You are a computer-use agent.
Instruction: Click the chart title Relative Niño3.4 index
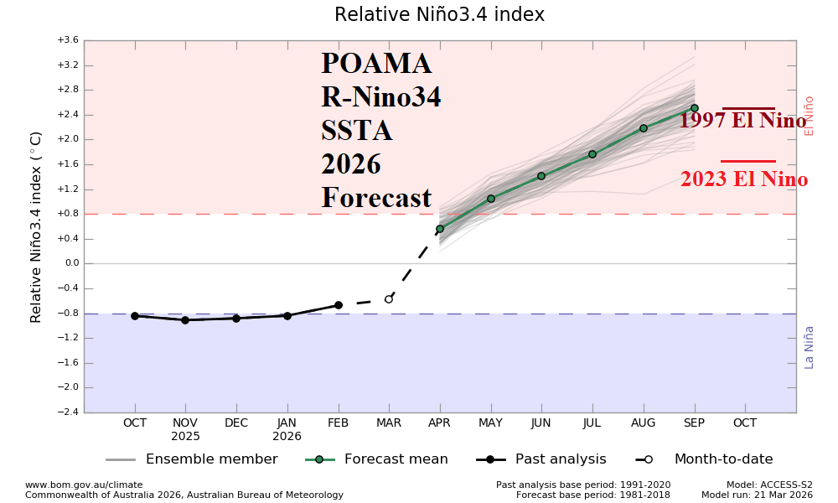coord(439,15)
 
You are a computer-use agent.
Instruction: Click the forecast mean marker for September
coord(694,108)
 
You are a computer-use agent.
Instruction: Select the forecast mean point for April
coord(440,229)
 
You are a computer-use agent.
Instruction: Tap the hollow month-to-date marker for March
coord(389,299)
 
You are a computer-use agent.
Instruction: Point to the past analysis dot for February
coord(339,305)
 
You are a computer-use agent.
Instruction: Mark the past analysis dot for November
coord(185,320)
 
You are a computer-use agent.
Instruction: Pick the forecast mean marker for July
coord(592,154)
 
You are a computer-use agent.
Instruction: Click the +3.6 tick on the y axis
coord(68,40)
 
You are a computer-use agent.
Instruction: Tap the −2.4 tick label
coord(68,412)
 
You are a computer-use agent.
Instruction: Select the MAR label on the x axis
coord(389,423)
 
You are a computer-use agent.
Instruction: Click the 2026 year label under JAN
coord(287,437)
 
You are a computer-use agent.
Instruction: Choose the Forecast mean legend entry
coord(396,459)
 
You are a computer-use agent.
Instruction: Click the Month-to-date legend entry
coord(723,459)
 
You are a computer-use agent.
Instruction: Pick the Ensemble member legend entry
coord(211,459)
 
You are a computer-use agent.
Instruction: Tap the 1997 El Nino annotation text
coord(742,121)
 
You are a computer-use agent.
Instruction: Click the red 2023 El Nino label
coord(744,179)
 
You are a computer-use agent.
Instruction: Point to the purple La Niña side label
coord(810,347)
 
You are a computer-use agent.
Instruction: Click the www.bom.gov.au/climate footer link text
coord(84,485)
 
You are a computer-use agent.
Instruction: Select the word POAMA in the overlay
coord(376,65)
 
